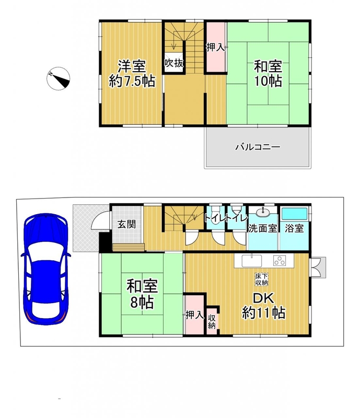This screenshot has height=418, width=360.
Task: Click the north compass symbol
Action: click(58, 78)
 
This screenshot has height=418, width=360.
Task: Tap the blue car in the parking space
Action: click(46, 269)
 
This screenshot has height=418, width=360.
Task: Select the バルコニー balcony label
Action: click(258, 147)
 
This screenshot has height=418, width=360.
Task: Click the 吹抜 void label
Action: click(173, 63)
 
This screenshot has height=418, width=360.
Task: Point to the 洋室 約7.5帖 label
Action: click(132, 74)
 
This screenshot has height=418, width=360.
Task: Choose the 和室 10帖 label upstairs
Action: click(268, 74)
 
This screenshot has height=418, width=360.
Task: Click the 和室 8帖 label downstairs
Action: click(142, 294)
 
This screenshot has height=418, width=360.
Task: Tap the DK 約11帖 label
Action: click(263, 306)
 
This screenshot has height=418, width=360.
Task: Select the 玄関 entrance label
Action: click(126, 224)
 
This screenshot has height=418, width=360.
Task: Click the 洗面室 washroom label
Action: click(263, 228)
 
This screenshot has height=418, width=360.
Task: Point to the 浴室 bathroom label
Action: click(294, 228)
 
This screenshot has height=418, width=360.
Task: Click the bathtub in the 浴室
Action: click(295, 214)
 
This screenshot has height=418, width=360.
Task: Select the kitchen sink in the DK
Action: click(252, 260)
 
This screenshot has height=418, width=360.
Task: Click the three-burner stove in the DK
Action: click(280, 260)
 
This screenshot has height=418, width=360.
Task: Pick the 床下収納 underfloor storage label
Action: click(262, 280)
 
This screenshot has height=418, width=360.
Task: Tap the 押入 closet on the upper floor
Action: click(216, 47)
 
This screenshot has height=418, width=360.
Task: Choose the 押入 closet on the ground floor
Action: click(195, 315)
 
